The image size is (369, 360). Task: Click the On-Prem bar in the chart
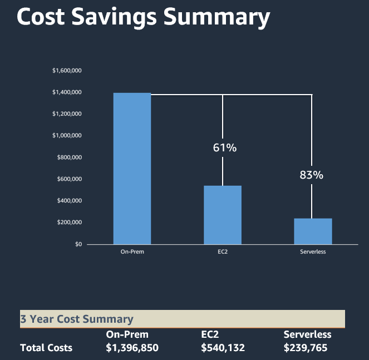pyautogui.click(x=132, y=168)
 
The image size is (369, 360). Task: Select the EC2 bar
pyautogui.click(x=223, y=215)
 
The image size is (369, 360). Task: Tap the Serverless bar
pyautogui.click(x=313, y=231)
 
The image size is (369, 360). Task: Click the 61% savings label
pyautogui.click(x=225, y=147)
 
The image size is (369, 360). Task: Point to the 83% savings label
pyautogui.click(x=311, y=175)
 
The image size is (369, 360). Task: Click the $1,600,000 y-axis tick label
pyautogui.click(x=67, y=71)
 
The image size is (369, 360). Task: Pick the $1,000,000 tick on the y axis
pyautogui.click(x=67, y=136)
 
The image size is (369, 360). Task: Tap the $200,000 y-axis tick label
pyautogui.click(x=70, y=223)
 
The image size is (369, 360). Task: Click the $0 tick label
pyautogui.click(x=78, y=244)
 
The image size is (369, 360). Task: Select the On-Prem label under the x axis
pyautogui.click(x=132, y=252)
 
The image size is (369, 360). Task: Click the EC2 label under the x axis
pyautogui.click(x=223, y=252)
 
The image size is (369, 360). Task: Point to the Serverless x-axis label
pyautogui.click(x=313, y=252)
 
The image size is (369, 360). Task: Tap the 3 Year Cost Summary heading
pyautogui.click(x=77, y=319)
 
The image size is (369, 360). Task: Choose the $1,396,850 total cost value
pyautogui.click(x=132, y=348)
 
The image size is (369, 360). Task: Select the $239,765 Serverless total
pyautogui.click(x=305, y=348)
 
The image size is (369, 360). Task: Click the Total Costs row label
pyautogui.click(x=46, y=348)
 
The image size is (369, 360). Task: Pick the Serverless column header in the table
pyautogui.click(x=307, y=334)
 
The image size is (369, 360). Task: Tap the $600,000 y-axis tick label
pyautogui.click(x=70, y=179)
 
